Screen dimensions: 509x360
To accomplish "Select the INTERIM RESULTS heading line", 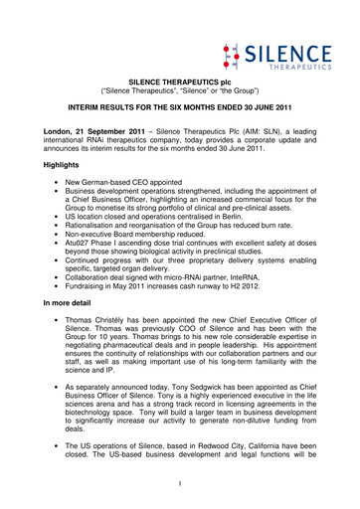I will coord(179,117).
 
